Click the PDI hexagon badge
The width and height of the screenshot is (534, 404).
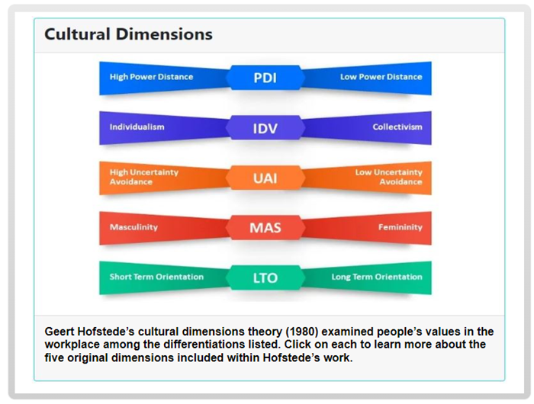tap(265, 78)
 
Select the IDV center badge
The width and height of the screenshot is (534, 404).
tap(265, 128)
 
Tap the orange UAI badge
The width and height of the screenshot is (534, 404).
tap(265, 178)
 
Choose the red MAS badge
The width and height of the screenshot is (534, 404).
tap(265, 228)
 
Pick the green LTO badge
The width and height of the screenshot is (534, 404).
tap(265, 277)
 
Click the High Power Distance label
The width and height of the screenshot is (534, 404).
tap(151, 77)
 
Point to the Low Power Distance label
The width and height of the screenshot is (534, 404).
tap(381, 77)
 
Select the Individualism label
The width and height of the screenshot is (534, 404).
tap(137, 127)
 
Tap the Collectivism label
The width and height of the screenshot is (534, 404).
tap(397, 127)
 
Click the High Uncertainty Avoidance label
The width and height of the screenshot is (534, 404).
tap(143, 177)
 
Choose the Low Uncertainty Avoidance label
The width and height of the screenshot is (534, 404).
tap(388, 177)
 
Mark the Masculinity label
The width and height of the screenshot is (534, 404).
tap(133, 227)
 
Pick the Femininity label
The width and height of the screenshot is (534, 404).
tap(400, 227)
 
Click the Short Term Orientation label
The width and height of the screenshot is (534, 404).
tap(156, 277)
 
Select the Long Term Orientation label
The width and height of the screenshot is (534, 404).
tap(377, 277)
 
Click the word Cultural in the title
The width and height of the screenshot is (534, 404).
tap(77, 34)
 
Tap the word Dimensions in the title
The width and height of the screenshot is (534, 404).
tap(164, 34)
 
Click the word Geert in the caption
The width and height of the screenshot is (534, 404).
tap(60, 332)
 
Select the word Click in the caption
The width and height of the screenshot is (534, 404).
tap(298, 345)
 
